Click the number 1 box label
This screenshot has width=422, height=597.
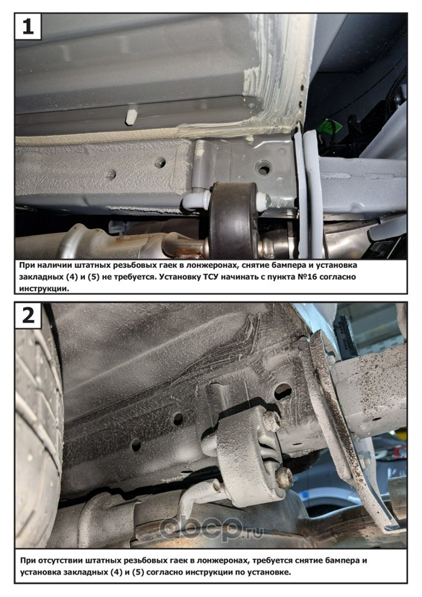click(28, 27)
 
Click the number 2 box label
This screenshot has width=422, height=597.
click(28, 315)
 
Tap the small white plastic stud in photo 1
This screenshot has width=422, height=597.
click(130, 118)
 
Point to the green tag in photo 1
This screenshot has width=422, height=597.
click(328, 127)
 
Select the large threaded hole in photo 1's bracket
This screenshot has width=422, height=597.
click(263, 167)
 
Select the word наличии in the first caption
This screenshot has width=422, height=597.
click(50, 266)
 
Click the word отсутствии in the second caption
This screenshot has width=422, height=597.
click(60, 560)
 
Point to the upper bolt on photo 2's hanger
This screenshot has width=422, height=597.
click(272, 420)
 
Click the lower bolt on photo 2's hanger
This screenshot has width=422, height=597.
click(284, 478)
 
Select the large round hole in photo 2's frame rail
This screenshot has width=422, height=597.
click(283, 392)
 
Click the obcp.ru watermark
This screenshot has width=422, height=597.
click(212, 528)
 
